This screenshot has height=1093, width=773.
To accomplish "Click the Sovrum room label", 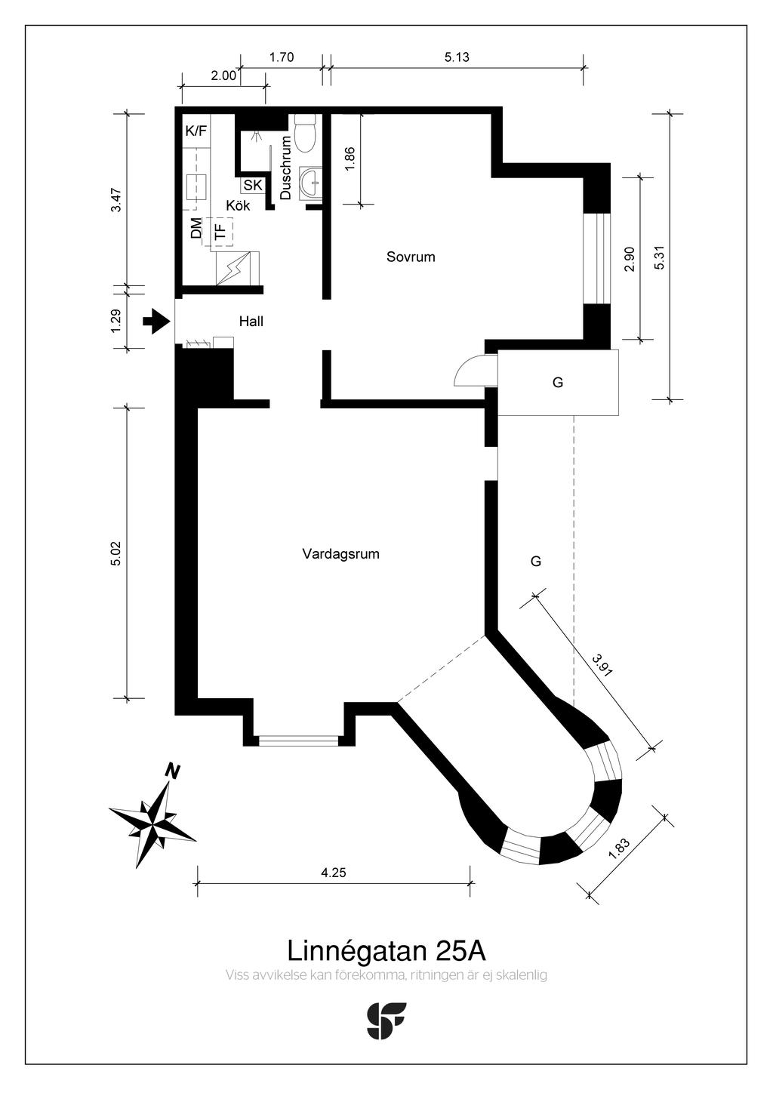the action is point(411,257).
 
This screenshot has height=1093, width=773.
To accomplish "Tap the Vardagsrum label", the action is point(340,554).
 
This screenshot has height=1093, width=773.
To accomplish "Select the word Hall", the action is point(251,321).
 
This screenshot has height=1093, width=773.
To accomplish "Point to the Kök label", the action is point(238,205).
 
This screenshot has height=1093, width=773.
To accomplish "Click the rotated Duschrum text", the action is point(285,167).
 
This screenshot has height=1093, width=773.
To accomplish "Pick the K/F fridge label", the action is point(196,131).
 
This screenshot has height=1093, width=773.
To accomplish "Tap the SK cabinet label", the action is point(253,186).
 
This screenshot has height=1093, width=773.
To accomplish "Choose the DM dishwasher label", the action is point(196,228).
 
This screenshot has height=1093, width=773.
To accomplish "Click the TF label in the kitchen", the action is point(221,231).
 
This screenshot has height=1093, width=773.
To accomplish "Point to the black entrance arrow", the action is point(156,321).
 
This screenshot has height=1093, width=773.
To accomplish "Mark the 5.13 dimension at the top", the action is point(457,57).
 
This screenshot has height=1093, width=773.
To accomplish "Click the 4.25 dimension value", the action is point(334,872).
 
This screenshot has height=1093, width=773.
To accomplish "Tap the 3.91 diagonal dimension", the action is point(602,665).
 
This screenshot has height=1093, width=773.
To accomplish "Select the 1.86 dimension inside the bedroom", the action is point(350,159).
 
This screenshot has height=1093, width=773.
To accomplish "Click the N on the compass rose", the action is point(173,771).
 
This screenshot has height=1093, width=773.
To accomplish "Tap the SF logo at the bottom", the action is point(386,1021).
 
